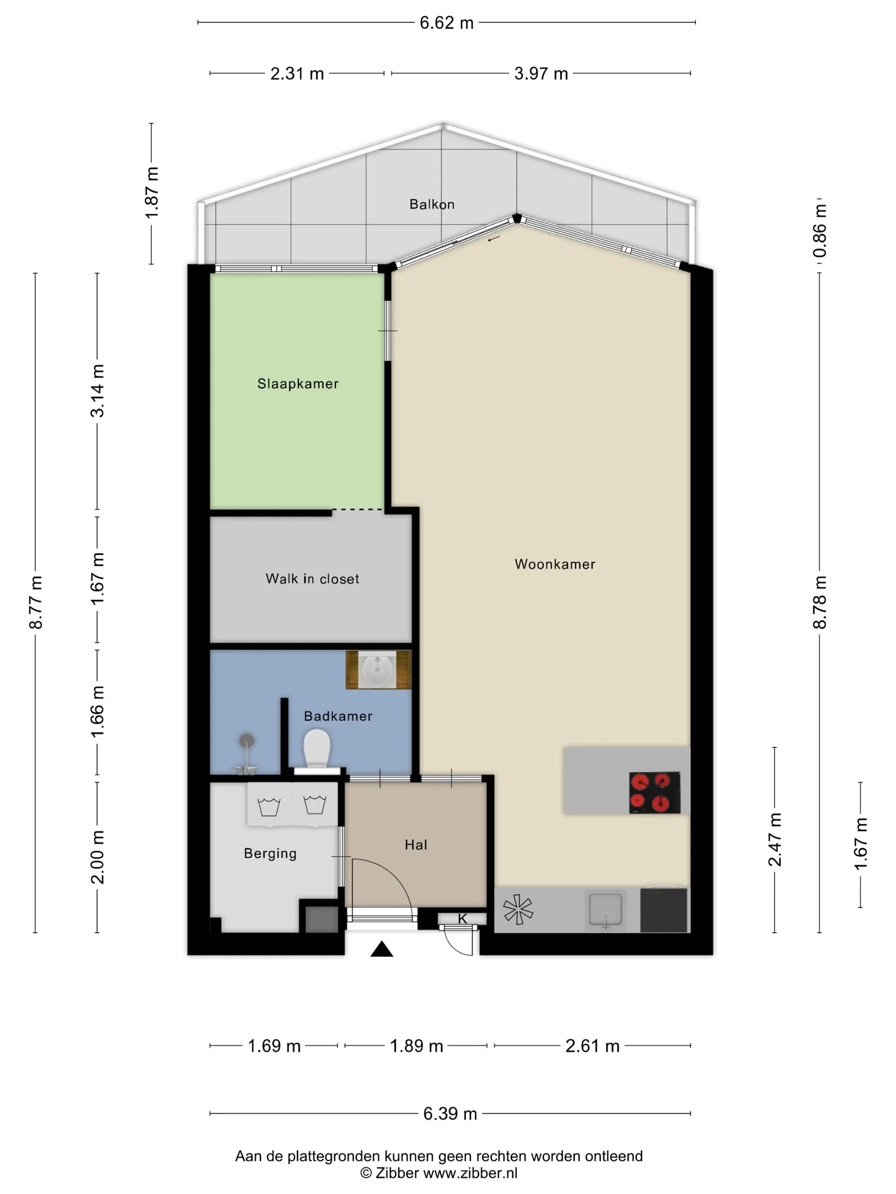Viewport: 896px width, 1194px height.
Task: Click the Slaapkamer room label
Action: pos(297,384)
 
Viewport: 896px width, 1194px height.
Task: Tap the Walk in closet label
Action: pos(312,579)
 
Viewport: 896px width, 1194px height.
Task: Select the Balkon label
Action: pos(432,204)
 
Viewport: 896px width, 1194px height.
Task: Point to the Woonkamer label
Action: pos(555,564)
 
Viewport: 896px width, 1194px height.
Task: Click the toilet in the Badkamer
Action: pos(317,750)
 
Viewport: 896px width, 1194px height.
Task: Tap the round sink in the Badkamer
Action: pos(377,670)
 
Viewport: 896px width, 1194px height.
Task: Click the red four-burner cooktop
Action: pos(655,792)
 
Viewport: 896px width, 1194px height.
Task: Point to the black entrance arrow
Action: pos(381,948)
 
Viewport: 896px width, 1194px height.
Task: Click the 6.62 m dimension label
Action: pos(447,23)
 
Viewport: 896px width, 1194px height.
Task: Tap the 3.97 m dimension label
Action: pos(541,73)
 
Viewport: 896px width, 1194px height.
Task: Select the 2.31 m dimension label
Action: pos(297,73)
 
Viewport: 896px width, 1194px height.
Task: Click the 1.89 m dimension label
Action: pos(416,1046)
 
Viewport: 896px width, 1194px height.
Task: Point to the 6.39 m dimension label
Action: pos(450,1113)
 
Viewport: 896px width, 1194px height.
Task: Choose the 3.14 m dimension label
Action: pos(97,391)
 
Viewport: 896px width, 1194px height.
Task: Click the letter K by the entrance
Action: pos(463,919)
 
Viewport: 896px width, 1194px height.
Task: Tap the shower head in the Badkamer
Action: pos(246,741)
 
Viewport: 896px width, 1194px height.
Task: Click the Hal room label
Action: pos(416,845)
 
